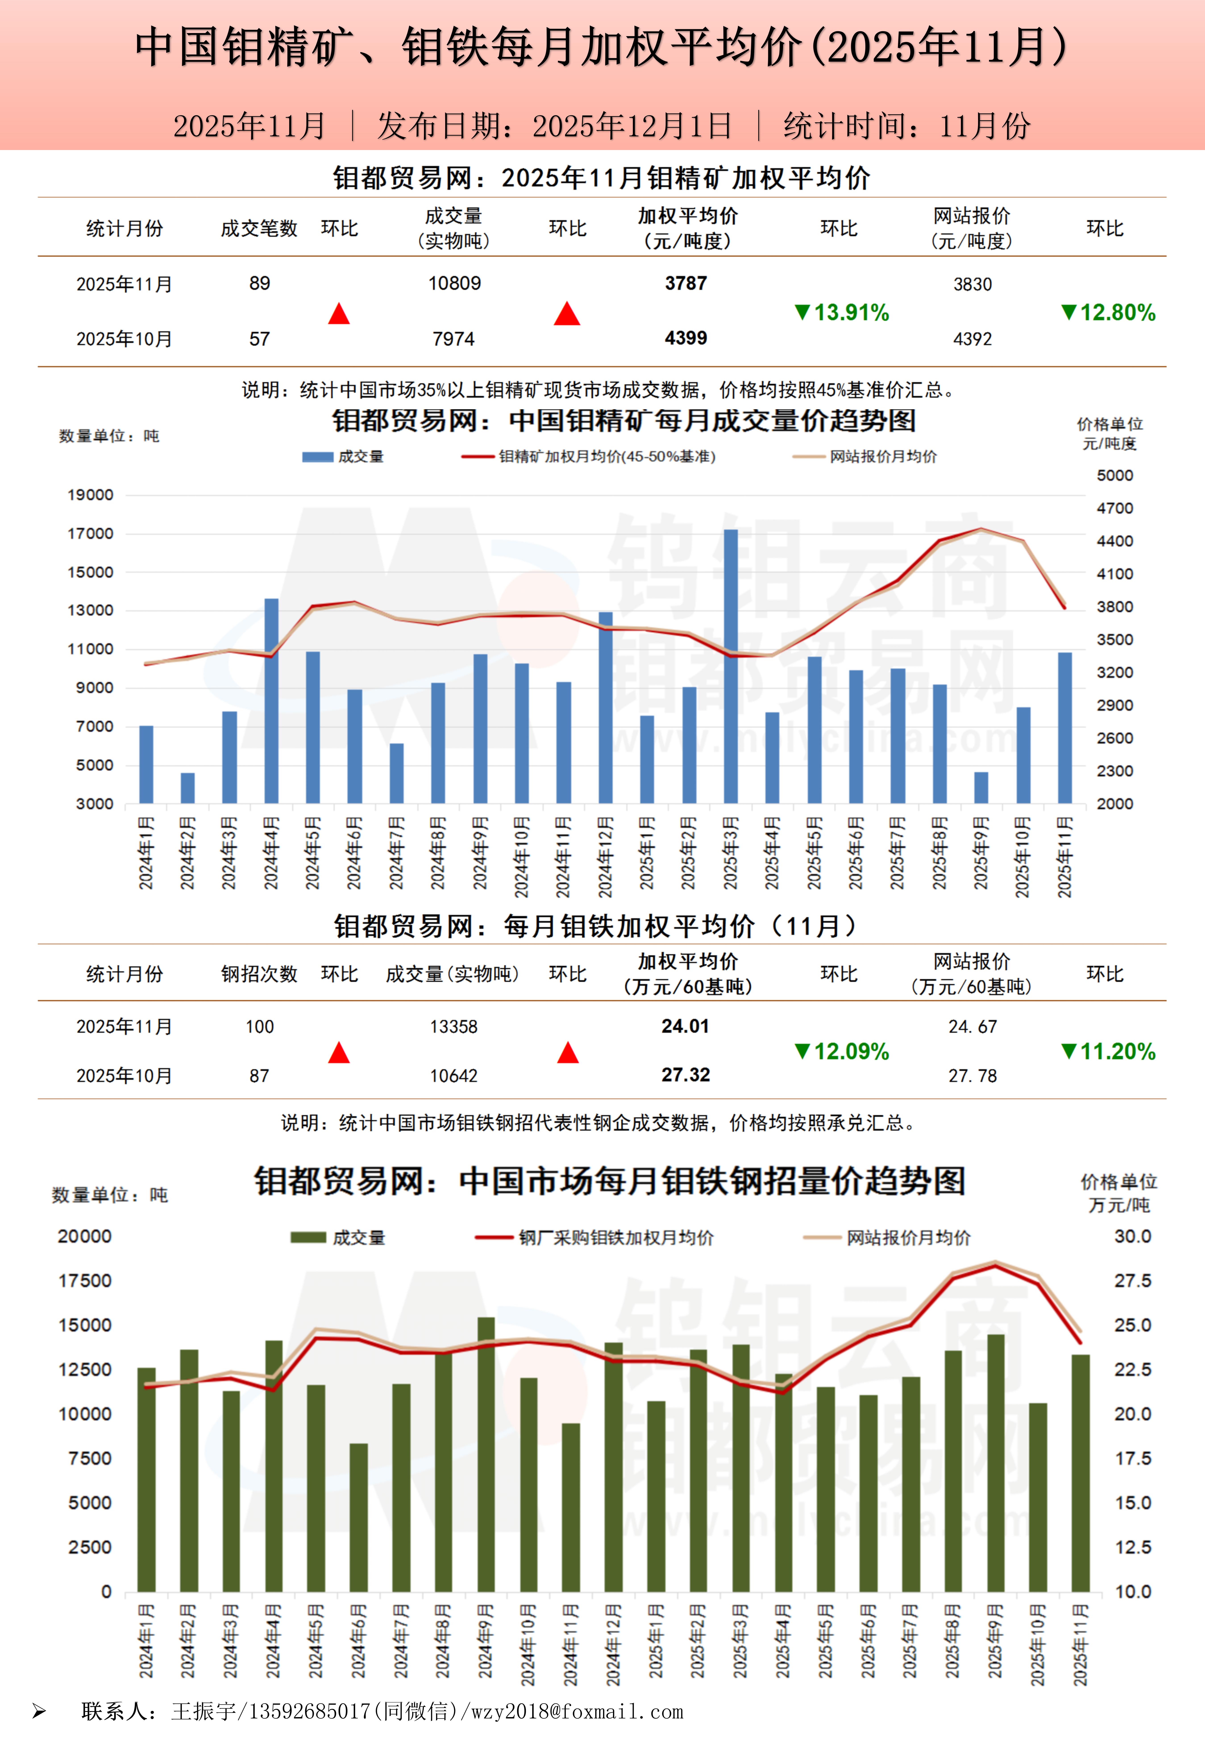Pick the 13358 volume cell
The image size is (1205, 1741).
click(x=454, y=1027)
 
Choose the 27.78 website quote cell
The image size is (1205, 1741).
click(x=972, y=1076)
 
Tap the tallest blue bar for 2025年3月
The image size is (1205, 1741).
click(x=731, y=665)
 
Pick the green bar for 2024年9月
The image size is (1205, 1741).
click(x=486, y=1454)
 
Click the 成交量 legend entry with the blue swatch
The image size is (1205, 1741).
click(x=343, y=456)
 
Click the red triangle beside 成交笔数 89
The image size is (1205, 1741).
click(x=339, y=313)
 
